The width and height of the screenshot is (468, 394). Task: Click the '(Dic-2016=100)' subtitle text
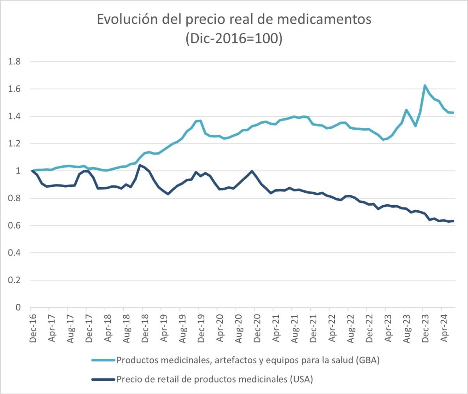234,39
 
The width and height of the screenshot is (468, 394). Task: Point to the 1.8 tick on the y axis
15,62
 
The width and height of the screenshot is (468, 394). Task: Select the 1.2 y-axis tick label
15,144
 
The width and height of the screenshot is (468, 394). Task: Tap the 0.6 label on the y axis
15,225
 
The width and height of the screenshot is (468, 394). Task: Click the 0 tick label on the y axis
18,307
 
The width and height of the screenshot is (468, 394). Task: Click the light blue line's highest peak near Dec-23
425,85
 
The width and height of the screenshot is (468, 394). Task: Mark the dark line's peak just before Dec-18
140,165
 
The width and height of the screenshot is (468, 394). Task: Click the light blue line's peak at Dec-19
200,121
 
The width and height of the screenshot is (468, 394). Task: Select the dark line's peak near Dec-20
252,171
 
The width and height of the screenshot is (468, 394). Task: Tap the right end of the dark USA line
453,221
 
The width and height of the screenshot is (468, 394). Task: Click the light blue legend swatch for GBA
103,360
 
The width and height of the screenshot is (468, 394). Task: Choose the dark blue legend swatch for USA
103,379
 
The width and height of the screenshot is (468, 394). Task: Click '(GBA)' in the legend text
367,360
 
